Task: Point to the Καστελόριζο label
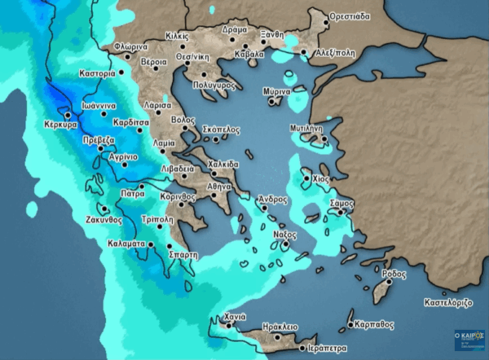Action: pyautogui.click(x=448, y=302)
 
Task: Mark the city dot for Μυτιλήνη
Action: pyautogui.click(x=324, y=139)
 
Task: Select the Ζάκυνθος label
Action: pyautogui.click(x=104, y=219)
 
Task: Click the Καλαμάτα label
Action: pyautogui.click(x=126, y=244)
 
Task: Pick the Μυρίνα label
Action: pyautogui.click(x=277, y=92)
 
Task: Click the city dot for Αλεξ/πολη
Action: pyautogui.click(x=304, y=53)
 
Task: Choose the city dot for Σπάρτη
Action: pyautogui.click(x=170, y=245)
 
